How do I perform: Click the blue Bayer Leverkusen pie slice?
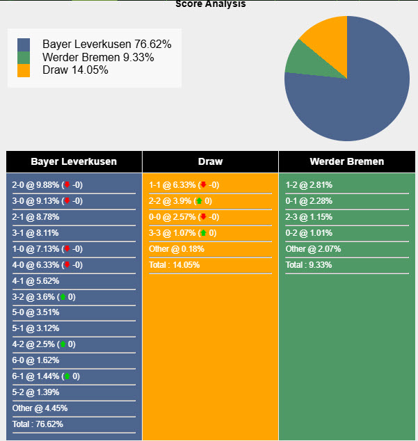(355, 97)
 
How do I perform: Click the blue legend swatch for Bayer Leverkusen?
(24, 45)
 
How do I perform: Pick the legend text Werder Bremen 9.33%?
(98, 57)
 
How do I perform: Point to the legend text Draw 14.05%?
(75, 70)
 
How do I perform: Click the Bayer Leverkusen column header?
(74, 161)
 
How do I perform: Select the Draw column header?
(210, 161)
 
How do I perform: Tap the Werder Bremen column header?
(346, 161)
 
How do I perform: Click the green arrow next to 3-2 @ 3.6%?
(63, 297)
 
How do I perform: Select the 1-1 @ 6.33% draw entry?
(173, 185)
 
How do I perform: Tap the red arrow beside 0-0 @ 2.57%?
(202, 217)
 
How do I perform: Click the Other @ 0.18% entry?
(175, 249)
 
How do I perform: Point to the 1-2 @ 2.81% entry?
(309, 185)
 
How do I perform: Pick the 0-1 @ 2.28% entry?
(309, 201)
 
